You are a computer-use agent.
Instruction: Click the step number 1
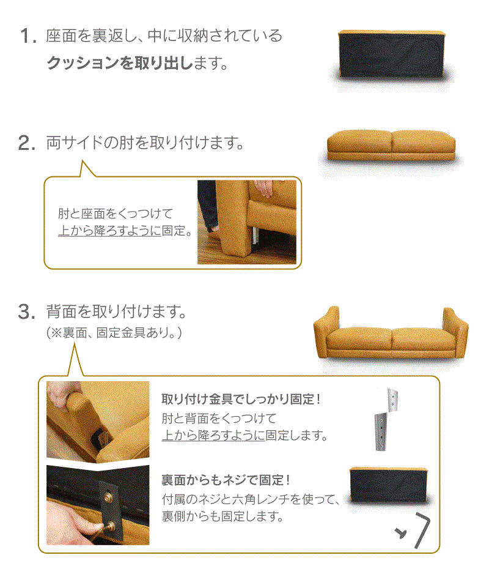(29, 36)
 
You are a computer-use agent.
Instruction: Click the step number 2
(27, 143)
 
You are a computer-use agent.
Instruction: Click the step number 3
(26, 311)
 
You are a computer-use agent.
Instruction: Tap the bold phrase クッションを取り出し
(120, 63)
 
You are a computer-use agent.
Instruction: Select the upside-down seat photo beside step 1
(392, 54)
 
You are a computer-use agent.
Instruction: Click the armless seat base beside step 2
(391, 145)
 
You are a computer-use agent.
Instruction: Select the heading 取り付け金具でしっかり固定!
(241, 399)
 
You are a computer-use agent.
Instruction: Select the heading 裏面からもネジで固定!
(226, 480)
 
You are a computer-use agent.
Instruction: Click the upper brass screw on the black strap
(108, 497)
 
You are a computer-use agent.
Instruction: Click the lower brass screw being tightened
(110, 527)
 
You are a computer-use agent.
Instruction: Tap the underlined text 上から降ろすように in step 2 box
(109, 231)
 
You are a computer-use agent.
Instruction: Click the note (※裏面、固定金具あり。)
(114, 333)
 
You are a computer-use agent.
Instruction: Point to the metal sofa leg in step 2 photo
(255, 236)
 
